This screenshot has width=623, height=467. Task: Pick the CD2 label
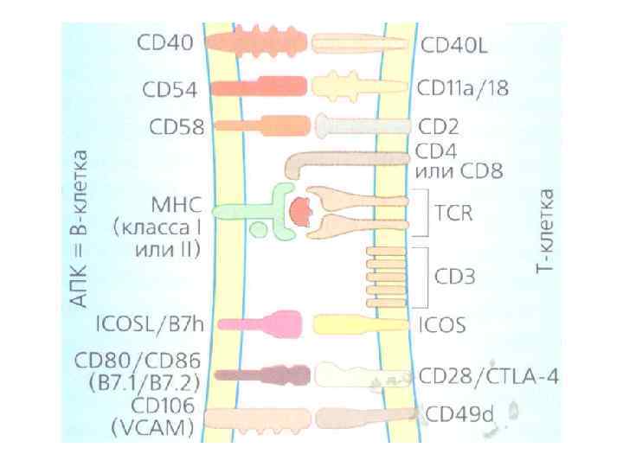pyautogui.click(x=439, y=126)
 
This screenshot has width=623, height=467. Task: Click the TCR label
pyautogui.click(x=454, y=212)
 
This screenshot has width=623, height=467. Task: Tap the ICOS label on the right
pyautogui.click(x=442, y=325)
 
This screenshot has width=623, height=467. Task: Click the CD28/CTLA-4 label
pyautogui.click(x=489, y=376)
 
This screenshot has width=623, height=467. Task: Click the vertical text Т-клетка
pyautogui.click(x=544, y=226)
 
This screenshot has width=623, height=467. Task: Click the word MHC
pyautogui.click(x=175, y=207)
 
